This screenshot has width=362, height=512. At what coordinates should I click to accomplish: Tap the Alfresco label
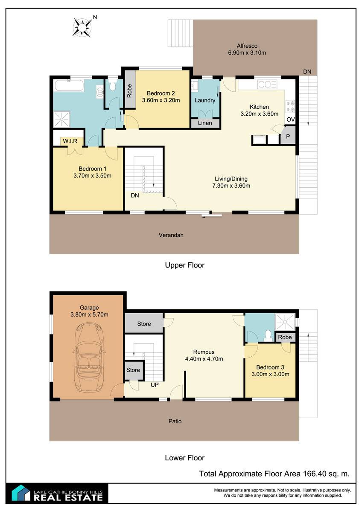[247, 46]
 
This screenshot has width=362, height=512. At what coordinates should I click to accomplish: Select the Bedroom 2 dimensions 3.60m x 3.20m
[161, 100]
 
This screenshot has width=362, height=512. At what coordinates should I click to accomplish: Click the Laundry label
[205, 100]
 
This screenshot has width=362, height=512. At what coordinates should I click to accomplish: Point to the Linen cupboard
[205, 123]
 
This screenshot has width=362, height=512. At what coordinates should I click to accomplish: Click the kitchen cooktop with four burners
[290, 107]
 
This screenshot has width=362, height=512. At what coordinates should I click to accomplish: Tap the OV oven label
[291, 119]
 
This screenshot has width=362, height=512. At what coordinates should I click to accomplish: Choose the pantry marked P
[288, 137]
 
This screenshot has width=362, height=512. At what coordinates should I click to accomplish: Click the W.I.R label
[70, 141]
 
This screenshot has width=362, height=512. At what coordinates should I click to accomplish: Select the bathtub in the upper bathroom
[69, 85]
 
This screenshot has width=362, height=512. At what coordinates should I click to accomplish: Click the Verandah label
[171, 235]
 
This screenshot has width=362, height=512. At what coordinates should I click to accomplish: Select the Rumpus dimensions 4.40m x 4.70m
[204, 359]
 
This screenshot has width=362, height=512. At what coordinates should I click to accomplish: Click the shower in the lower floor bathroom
[285, 322]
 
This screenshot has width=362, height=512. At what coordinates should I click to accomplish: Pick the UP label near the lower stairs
[155, 385]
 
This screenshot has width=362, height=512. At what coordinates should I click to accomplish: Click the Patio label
[175, 421]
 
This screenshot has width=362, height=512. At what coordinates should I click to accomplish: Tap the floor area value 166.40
[314, 473]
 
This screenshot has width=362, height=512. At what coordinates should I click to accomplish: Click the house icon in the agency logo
[21, 493]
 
